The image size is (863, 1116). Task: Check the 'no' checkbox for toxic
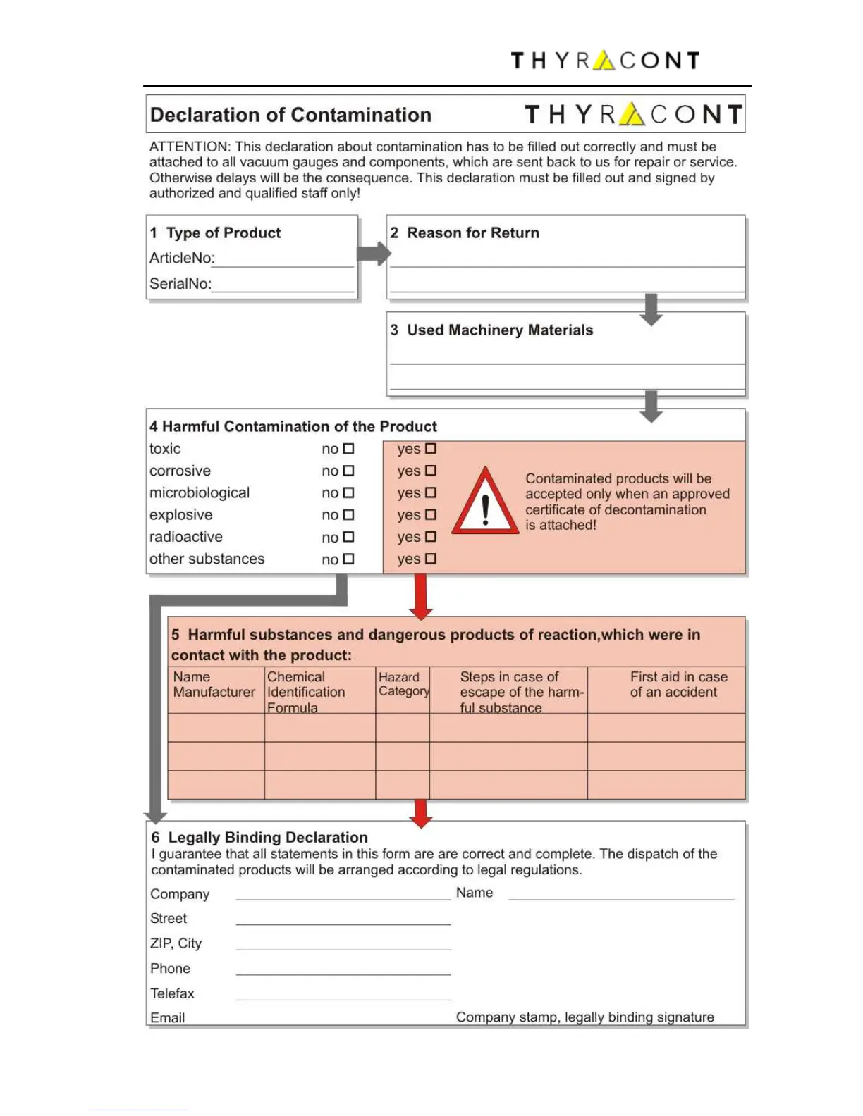click(x=348, y=449)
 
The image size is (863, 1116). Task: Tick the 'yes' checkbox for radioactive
click(x=431, y=537)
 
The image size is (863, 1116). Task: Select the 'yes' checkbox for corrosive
click(x=431, y=471)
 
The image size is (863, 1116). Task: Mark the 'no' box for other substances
click(x=348, y=559)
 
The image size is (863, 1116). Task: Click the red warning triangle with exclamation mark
click(x=485, y=502)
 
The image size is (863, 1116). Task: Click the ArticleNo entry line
click(x=284, y=262)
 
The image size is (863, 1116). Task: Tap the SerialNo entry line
click(x=283, y=287)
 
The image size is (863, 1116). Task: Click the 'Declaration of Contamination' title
click(x=290, y=115)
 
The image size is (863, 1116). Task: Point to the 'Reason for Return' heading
click(x=472, y=233)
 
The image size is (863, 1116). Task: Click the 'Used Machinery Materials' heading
click(x=499, y=330)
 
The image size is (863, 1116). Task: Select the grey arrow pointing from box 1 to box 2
click(x=373, y=253)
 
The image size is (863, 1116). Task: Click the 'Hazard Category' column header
click(x=403, y=684)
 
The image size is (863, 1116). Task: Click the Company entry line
click(x=343, y=896)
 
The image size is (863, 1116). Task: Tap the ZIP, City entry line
click(x=343, y=946)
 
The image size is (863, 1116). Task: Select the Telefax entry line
click(x=343, y=996)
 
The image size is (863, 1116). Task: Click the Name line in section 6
click(x=620, y=895)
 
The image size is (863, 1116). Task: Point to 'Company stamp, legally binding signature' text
click(x=584, y=1017)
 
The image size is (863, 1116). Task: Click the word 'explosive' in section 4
click(x=180, y=515)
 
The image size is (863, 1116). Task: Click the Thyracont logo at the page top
click(x=605, y=61)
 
